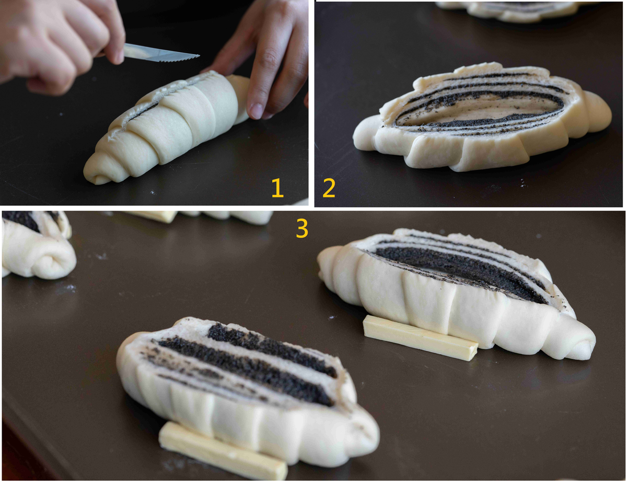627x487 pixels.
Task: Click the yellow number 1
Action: point(277,188)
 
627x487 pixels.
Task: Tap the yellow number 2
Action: point(329,188)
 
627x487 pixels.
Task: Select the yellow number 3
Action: point(302,228)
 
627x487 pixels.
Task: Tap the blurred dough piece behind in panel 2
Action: point(516,11)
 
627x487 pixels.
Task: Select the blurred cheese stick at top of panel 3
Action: point(153,216)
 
